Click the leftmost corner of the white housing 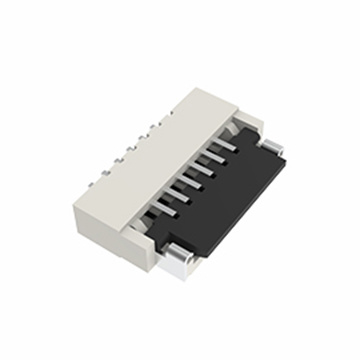coord(72,197)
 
